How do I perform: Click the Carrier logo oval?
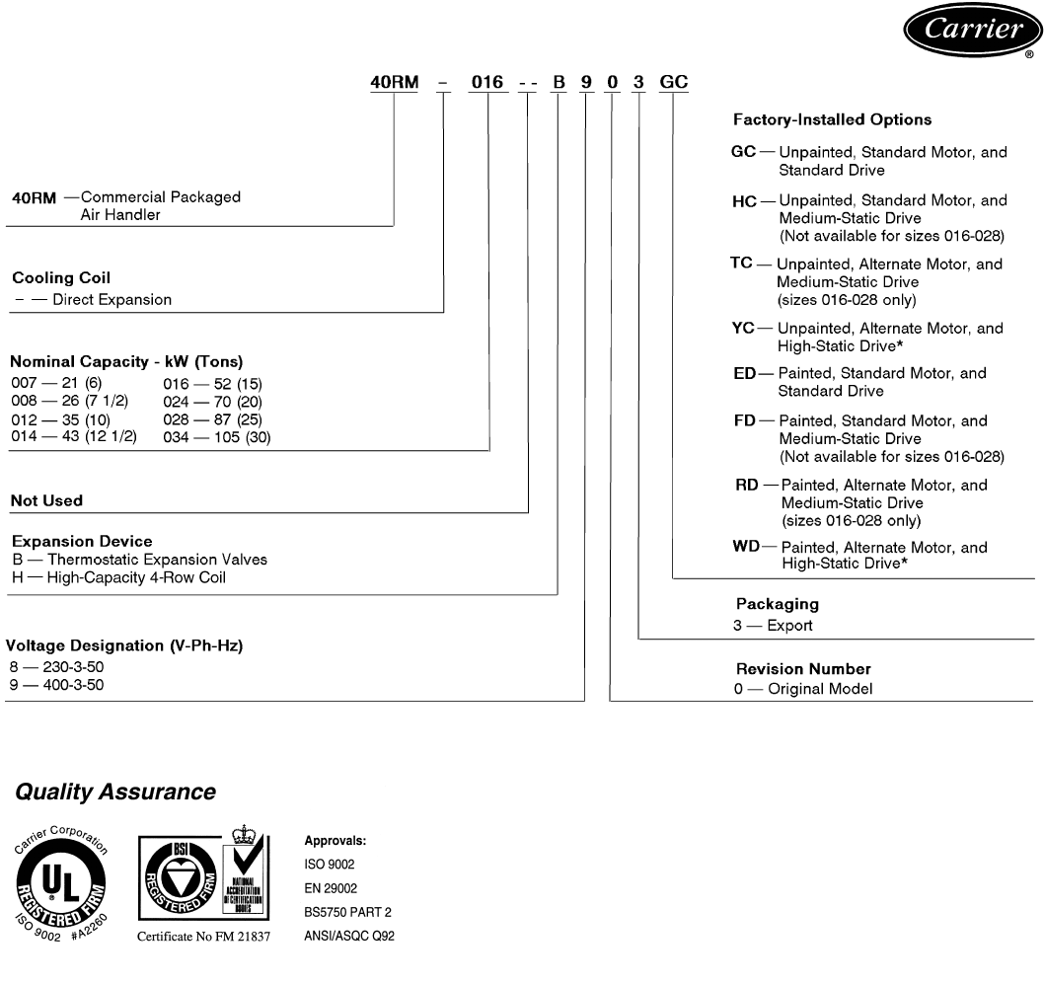point(971,32)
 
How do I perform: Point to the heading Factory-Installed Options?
point(832,119)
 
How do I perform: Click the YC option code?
point(743,329)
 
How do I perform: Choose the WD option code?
point(745,547)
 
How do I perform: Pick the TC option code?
point(742,265)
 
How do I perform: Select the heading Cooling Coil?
point(60,278)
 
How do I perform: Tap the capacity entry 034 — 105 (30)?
point(216,436)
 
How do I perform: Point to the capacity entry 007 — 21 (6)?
point(63,383)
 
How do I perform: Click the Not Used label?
point(46,500)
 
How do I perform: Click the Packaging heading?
point(778,603)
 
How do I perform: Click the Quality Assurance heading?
point(115,792)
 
